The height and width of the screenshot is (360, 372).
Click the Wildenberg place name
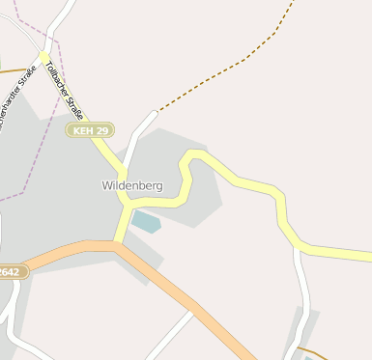(132, 184)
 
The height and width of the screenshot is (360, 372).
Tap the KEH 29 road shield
(90, 129)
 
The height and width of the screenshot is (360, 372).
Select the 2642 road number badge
(9, 272)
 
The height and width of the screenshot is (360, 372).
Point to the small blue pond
(146, 222)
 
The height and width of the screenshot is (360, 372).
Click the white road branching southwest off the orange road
(169, 333)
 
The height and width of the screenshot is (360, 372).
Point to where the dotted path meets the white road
(155, 112)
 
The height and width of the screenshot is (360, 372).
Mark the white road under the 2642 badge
(10, 309)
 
